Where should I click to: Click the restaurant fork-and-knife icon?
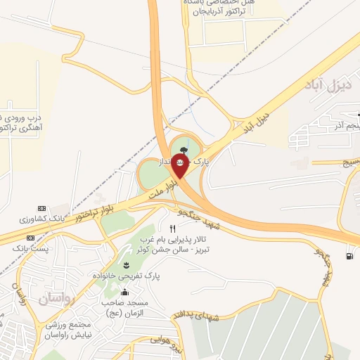click(172, 229)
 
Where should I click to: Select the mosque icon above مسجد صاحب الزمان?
click(125, 292)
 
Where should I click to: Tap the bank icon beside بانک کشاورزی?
click(41, 209)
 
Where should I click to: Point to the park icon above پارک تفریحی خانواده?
click(126, 265)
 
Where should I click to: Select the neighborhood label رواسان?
click(51, 299)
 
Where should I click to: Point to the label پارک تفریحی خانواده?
click(125, 276)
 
